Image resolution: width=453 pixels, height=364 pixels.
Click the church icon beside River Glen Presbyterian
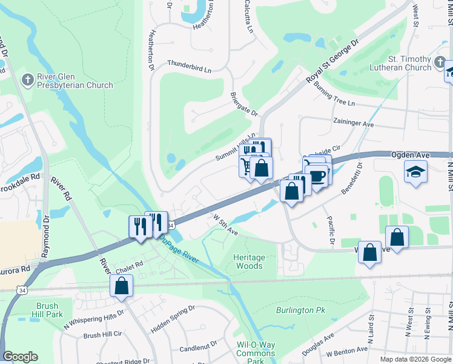coord(27,79)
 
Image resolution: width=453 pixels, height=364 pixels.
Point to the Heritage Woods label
coord(249,261)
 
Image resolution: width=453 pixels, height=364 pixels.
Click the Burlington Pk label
coord(301,310)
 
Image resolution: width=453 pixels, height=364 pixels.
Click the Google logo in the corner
coord(20,357)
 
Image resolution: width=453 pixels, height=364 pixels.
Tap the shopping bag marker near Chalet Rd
coord(121,285)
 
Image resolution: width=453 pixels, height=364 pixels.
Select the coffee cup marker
coord(317,176)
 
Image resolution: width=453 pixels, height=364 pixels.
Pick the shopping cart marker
coord(248,165)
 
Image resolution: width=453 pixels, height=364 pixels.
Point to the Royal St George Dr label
coord(332,63)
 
